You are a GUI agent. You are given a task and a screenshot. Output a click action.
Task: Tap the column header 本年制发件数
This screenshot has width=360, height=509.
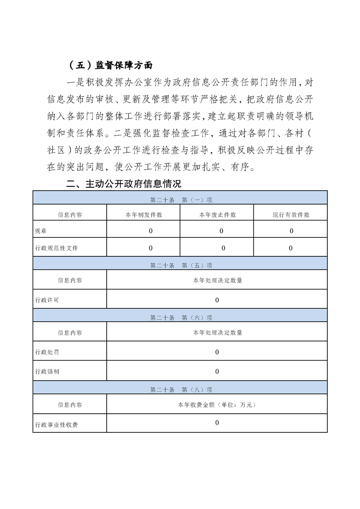click(x=144, y=215)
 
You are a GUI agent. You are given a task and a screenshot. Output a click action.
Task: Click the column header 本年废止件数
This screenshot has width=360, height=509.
click(x=217, y=215)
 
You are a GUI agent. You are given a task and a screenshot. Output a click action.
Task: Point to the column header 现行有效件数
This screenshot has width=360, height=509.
click(x=291, y=215)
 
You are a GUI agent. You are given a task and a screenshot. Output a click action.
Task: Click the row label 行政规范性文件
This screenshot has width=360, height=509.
click(x=56, y=248)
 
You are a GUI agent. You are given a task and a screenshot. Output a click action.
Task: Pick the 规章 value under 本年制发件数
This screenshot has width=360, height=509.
click(x=151, y=231)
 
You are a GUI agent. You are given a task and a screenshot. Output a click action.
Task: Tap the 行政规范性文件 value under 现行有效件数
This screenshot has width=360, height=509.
click(x=291, y=248)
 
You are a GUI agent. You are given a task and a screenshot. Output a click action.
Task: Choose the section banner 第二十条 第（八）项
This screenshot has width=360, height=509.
click(x=181, y=389)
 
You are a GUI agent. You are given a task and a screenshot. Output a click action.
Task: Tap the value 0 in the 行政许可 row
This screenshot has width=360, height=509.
click(x=217, y=300)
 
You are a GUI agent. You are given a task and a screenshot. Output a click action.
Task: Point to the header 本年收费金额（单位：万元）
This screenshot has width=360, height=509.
click(x=217, y=404)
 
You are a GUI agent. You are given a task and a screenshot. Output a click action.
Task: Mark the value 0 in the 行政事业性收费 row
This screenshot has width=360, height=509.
click(x=217, y=422)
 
